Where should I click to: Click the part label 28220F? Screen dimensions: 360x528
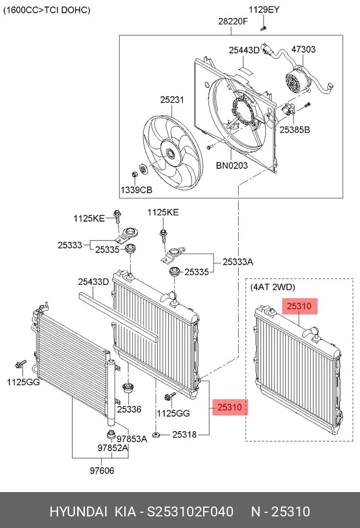click(233, 21)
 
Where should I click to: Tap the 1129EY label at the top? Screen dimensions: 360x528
click(264, 10)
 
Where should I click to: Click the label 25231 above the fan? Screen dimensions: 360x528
click(172, 100)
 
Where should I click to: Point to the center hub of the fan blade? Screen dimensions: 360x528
click(170, 154)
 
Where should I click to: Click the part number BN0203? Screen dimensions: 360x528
click(232, 165)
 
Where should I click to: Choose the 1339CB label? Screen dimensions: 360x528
click(136, 190)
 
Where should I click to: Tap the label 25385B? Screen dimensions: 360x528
click(294, 129)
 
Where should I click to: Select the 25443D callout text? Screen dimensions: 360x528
click(244, 50)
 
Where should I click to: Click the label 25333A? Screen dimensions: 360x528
click(237, 262)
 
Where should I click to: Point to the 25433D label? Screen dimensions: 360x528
click(93, 281)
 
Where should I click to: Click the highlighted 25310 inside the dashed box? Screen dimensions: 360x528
click(300, 306)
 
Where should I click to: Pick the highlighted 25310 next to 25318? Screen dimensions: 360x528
click(230, 407)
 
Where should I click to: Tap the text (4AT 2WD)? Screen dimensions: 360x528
click(272, 287)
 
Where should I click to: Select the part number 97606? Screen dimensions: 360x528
click(102, 471)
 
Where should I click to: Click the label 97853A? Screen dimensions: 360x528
click(132, 439)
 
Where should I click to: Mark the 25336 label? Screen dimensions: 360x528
click(129, 409)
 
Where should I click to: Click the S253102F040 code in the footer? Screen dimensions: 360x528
click(190, 512)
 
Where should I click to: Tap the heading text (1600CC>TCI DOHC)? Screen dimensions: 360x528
click(46, 10)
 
